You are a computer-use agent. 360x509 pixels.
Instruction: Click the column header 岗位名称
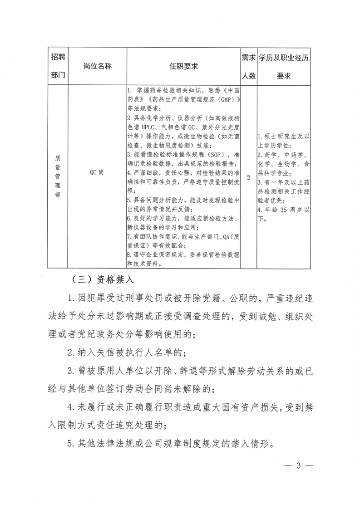pos(97,66)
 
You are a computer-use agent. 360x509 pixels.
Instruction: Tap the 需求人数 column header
pos(248,66)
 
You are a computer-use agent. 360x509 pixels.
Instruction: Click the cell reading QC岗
pos(97,178)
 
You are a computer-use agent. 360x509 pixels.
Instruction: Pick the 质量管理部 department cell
pos(58,178)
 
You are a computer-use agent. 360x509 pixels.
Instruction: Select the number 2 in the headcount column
pos(248,178)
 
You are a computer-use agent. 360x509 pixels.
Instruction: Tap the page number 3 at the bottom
pos(298,465)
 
